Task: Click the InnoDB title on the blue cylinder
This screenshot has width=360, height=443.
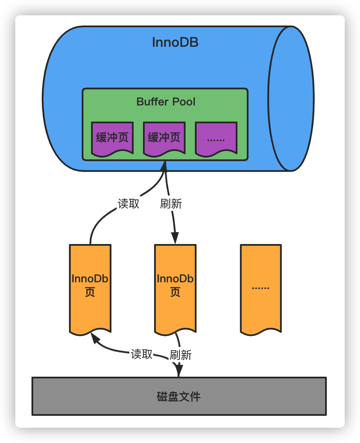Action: point(175,43)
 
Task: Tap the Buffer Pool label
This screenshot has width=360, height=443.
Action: point(166,102)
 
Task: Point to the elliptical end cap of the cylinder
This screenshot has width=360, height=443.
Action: point(291,99)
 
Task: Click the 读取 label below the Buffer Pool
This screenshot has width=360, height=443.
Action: point(129,204)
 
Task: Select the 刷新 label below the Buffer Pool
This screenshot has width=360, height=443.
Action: point(171,204)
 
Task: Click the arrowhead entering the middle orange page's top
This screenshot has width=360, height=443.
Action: point(175,239)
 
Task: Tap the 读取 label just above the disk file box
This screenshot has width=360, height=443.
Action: point(141,354)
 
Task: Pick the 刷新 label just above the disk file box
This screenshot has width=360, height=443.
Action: point(181,355)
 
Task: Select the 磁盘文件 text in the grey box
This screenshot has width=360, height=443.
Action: point(179,397)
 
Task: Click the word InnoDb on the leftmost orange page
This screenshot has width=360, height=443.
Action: point(90,279)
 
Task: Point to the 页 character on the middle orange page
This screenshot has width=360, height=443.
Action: point(175,292)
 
